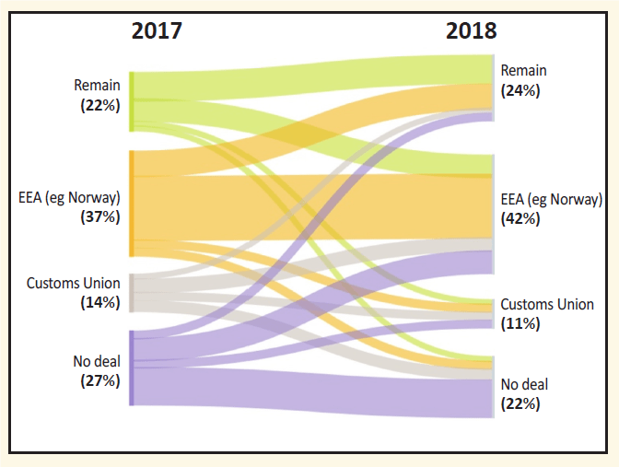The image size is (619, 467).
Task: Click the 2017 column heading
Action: pos(157,30)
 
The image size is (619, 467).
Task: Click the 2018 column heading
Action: pos(471,30)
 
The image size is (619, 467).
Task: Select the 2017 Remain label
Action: pos(97,86)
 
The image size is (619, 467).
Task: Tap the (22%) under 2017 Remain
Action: pos(100,105)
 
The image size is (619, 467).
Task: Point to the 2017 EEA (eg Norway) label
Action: pos(69,197)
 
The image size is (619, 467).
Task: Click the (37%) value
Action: pos(100,217)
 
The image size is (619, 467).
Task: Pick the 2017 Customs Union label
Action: pos(73,283)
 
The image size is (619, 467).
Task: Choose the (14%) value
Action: pos(100,302)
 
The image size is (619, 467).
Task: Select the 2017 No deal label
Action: pos(97,360)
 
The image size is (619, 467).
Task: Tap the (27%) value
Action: pos(100,379)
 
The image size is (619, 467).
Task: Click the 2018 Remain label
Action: pos(523,71)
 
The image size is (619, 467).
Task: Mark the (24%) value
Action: pos(520,90)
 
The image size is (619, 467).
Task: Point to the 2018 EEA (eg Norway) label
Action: pos(551,199)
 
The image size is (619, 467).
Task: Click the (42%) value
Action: pos(520,219)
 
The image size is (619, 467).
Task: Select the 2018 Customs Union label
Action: pos(547,304)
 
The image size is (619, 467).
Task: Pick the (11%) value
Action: pos(520,324)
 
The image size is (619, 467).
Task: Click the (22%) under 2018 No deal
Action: pos(520,403)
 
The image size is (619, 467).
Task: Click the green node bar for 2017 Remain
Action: pos(132,101)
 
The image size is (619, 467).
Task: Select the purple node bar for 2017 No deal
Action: pos(132,368)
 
